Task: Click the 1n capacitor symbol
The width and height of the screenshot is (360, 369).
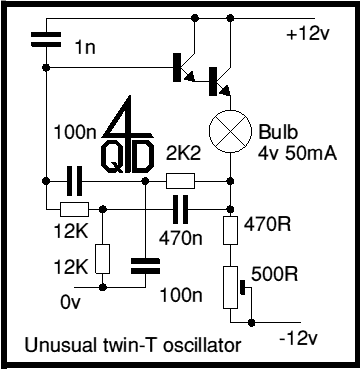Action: click(46, 39)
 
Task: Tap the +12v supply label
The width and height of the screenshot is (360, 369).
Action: click(308, 34)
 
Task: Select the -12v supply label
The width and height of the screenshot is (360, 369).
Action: click(299, 339)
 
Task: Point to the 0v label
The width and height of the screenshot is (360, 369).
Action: click(71, 302)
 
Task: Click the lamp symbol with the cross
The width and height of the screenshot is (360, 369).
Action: click(230, 131)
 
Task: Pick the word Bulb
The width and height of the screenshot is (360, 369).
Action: click(278, 132)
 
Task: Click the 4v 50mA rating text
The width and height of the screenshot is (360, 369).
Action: click(297, 154)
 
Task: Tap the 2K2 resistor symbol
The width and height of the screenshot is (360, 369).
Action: click(180, 181)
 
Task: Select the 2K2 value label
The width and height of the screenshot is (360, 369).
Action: click(184, 154)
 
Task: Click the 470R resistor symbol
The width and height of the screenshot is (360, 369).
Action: click(230, 230)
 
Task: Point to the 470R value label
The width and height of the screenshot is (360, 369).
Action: click(268, 225)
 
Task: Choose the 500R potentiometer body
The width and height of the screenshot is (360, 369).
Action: click(230, 287)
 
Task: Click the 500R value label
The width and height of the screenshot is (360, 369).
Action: click(274, 274)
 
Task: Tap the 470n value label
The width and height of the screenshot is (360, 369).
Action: click(180, 238)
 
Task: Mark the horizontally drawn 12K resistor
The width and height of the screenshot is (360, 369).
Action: click(75, 209)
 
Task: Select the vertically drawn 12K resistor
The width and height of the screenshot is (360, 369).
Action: click(103, 259)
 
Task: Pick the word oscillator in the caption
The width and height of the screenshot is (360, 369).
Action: click(202, 345)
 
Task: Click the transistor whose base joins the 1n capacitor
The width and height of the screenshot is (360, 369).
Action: click(184, 68)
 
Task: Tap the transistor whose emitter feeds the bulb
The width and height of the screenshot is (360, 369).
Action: click(220, 82)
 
